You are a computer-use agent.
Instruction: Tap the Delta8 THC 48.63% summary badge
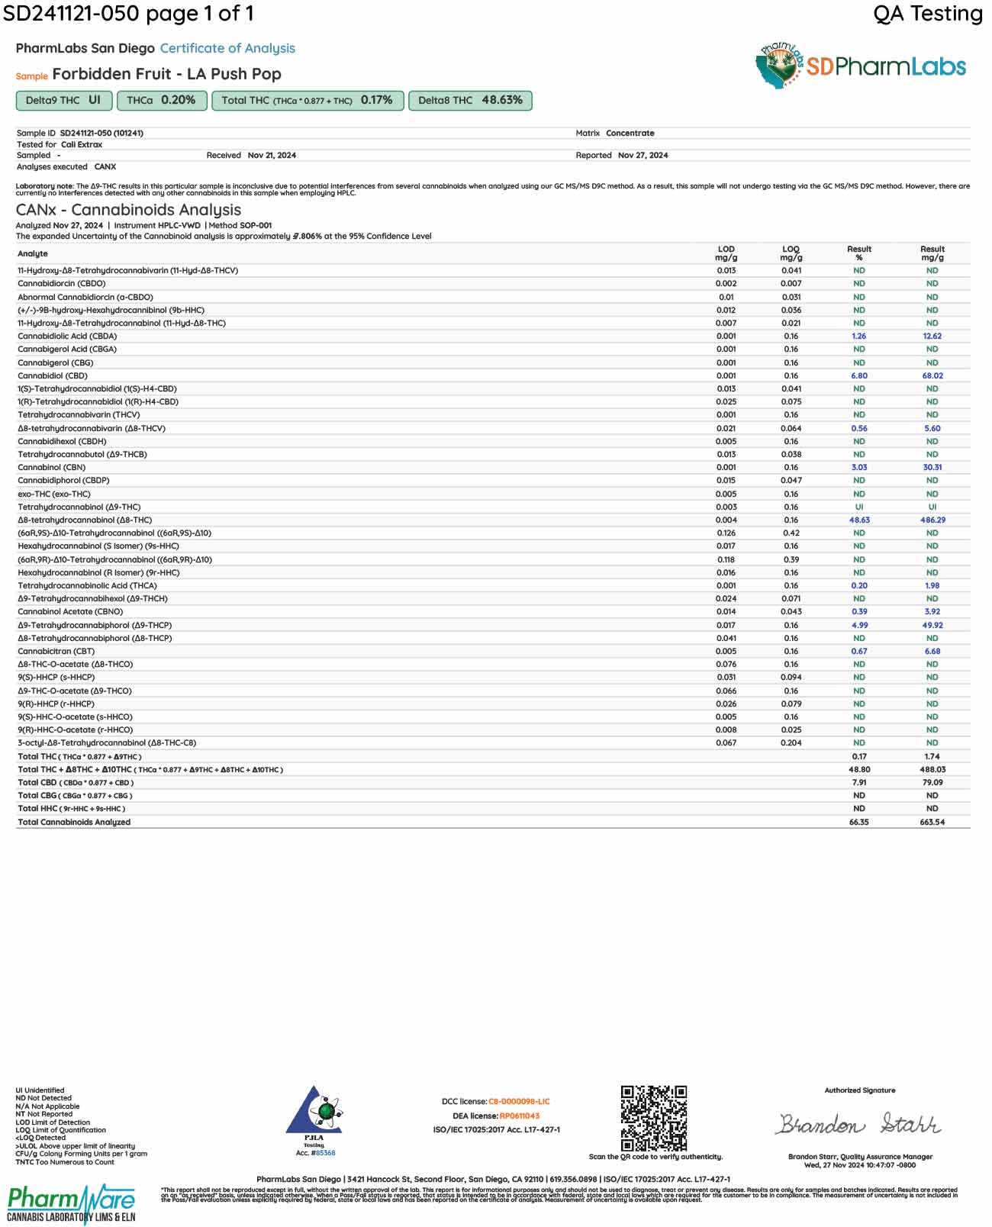point(470,101)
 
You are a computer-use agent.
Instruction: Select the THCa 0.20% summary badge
point(161,101)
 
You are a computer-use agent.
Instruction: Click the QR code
point(653,1118)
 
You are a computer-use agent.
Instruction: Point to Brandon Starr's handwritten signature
point(858,1124)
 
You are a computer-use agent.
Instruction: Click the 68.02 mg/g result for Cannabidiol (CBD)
point(932,375)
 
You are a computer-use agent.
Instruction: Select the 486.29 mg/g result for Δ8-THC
point(932,520)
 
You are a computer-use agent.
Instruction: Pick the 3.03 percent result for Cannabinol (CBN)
point(859,467)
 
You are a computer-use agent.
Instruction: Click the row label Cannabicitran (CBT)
point(56,651)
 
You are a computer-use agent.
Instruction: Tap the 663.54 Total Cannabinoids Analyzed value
point(932,822)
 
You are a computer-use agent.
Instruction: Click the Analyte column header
point(33,253)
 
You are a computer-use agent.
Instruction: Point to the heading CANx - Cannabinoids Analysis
point(128,210)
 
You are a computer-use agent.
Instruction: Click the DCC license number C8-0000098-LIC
point(519,1101)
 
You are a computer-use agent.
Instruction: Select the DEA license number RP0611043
point(519,1116)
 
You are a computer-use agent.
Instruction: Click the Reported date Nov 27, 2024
point(643,155)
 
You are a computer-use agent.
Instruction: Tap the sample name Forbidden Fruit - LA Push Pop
point(166,74)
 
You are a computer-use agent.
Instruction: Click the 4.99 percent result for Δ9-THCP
point(859,625)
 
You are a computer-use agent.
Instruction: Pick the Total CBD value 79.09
point(932,782)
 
